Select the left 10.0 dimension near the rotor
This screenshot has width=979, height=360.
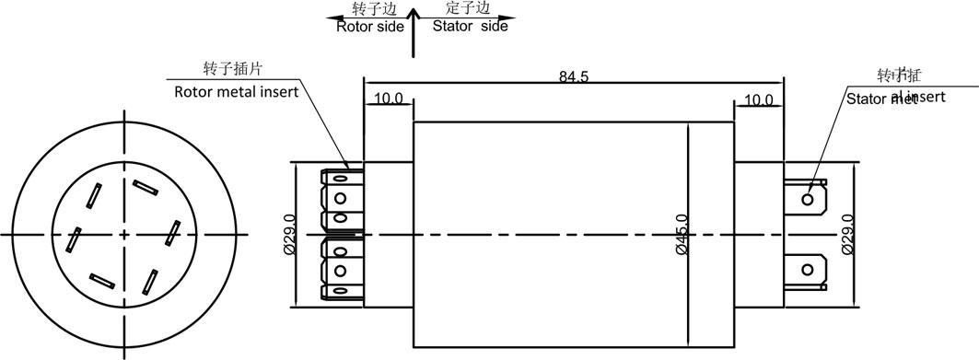388,99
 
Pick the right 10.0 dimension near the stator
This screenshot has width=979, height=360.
758,99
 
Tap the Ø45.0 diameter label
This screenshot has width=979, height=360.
681,234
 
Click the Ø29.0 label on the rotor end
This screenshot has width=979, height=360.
288,234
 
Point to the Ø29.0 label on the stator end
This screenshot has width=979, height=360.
847,234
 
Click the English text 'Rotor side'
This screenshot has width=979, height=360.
369,26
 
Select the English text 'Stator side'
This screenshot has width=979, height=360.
470,26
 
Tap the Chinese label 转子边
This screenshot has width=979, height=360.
375,9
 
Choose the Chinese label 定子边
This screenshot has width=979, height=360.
465,9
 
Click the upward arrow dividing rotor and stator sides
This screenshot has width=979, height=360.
414,32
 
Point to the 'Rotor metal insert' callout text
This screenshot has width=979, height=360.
237,92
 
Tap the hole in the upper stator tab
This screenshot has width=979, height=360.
808,198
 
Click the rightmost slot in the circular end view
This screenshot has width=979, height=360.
171,233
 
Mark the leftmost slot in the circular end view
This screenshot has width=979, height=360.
73,239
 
